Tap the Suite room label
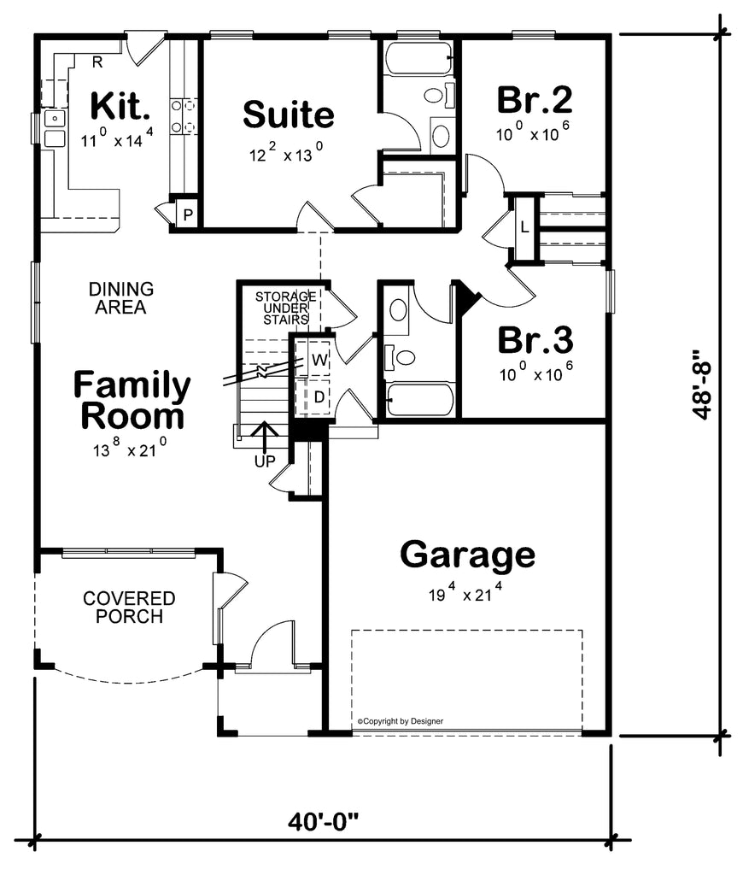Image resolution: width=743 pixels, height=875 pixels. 288,114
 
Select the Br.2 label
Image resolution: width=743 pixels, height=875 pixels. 535,100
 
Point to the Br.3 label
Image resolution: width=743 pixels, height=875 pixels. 535,339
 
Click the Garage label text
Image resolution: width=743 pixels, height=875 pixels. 468,555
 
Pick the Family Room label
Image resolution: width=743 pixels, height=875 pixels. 132,401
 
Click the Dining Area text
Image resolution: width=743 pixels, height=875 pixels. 120,298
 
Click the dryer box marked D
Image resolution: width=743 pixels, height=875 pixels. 318,396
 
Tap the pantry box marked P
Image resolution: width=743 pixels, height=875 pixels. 185,215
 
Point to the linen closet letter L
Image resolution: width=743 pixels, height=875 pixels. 524,227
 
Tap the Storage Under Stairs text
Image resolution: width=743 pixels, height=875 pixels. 285,308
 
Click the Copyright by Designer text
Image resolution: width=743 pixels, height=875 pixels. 400,721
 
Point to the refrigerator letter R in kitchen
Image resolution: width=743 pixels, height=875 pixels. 97,62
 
